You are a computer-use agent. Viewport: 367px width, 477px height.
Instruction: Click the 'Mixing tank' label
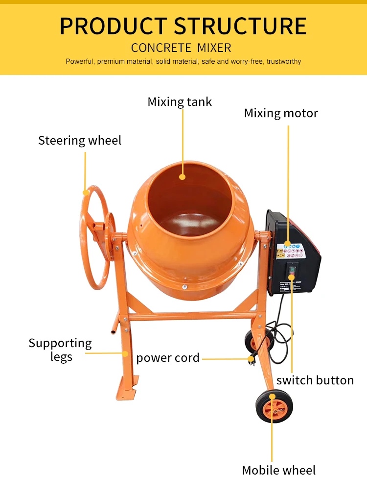coord(180,102)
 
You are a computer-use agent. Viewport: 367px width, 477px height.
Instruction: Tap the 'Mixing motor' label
coord(281,113)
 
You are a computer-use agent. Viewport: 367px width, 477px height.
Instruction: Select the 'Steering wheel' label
coord(80,141)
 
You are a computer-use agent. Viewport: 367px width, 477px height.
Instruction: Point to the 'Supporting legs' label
coord(60,350)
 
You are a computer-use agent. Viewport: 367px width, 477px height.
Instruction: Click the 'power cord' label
coord(168,358)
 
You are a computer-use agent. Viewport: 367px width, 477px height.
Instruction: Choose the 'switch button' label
coord(315,380)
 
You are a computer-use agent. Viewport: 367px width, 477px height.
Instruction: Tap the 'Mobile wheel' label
coord(279,470)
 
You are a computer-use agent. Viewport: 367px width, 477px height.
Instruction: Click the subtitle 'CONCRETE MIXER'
coord(181,48)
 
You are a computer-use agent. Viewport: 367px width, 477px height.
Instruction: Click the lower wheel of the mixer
coord(274,407)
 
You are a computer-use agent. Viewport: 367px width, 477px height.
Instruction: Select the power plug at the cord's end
coord(251,359)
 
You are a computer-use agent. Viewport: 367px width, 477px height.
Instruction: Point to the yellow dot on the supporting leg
coord(125,353)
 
